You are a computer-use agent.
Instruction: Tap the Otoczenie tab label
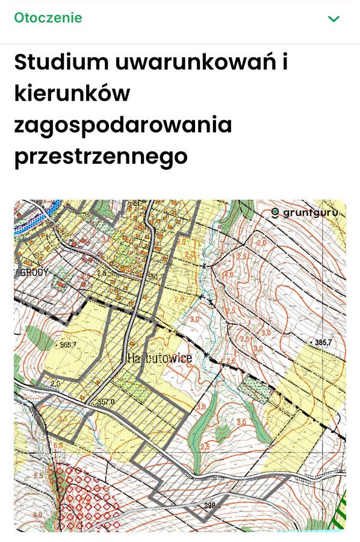[48, 17]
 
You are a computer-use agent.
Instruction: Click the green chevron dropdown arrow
[334, 19]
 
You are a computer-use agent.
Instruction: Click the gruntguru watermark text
[312, 212]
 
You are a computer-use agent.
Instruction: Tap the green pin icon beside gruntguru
[275, 212]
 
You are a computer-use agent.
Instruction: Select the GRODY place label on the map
[34, 272]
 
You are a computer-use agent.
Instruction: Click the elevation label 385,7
[323, 342]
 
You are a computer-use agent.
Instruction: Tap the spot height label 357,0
[105, 402]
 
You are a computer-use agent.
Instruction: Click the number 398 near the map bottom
[209, 505]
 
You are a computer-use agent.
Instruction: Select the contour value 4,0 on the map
[229, 275]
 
